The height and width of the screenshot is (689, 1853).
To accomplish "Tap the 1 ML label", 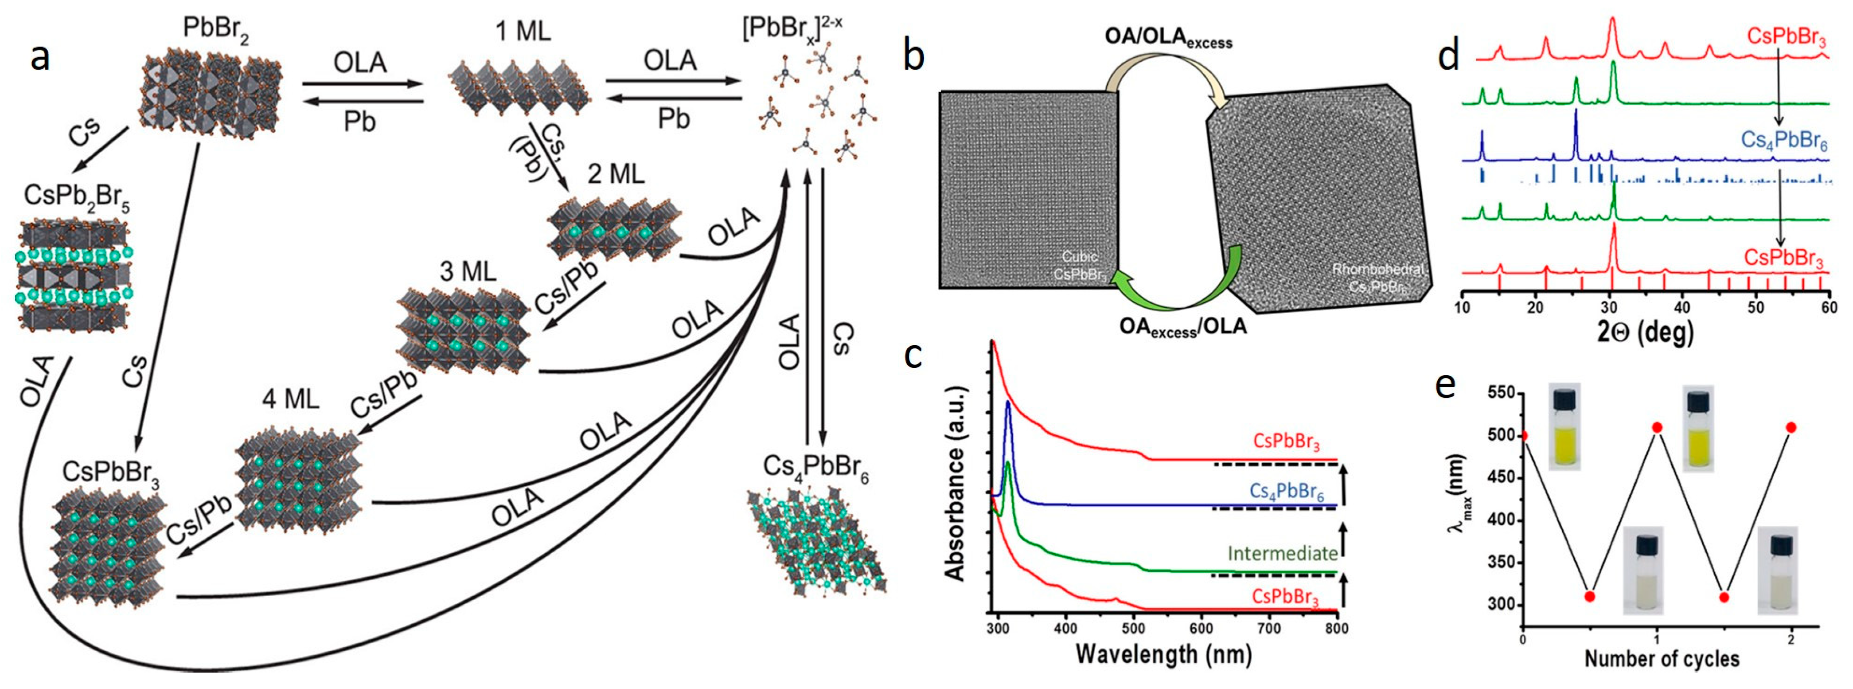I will pyautogui.click(x=523, y=31).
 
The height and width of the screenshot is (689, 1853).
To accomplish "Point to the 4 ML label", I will pyautogui.click(x=291, y=398).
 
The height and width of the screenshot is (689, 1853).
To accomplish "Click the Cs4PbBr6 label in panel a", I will pyautogui.click(x=815, y=468).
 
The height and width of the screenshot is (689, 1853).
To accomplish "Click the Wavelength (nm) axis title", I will pyautogui.click(x=1163, y=654).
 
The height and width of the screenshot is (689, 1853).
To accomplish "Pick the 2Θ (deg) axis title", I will pyautogui.click(x=1645, y=331).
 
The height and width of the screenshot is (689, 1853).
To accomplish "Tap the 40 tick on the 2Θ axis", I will pyautogui.click(x=1682, y=307).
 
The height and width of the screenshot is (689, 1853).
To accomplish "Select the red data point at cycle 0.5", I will pyautogui.click(x=1590, y=597).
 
